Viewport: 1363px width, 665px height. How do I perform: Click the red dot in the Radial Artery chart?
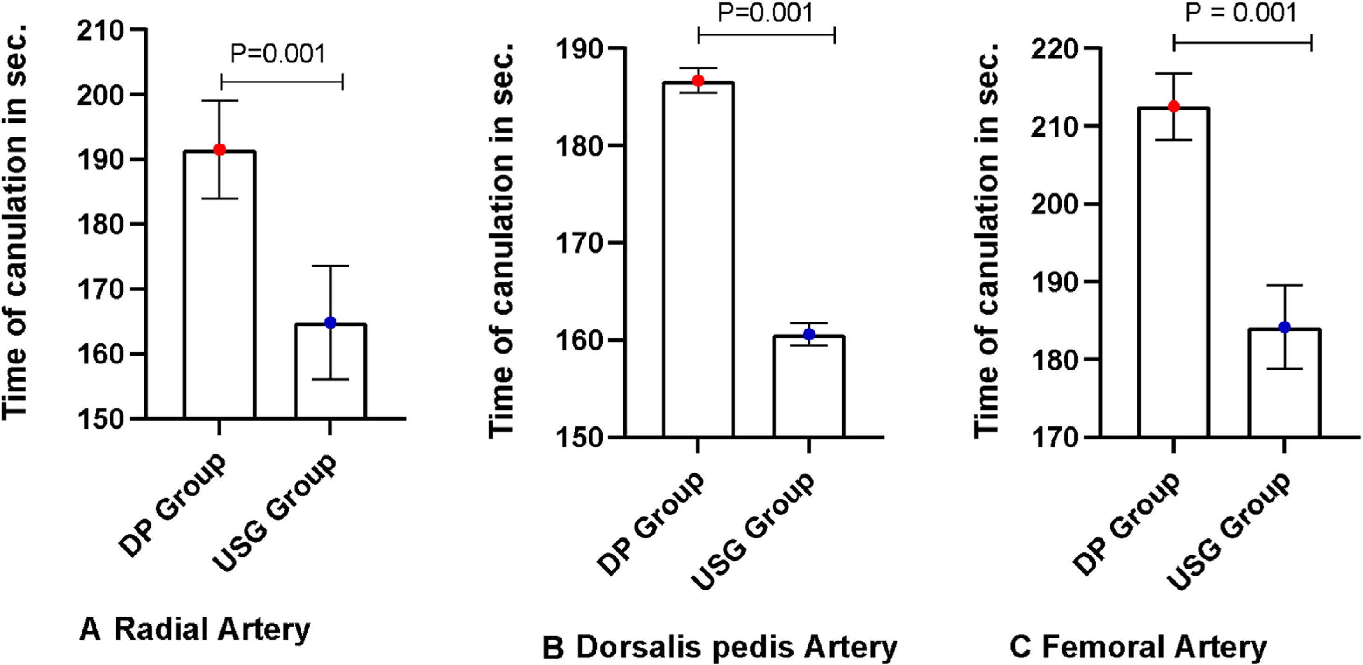coord(219,150)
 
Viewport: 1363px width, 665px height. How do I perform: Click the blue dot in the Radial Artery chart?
coord(330,322)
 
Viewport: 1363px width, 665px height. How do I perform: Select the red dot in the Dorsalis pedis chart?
coord(698,81)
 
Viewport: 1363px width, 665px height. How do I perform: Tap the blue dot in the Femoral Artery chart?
coord(1284,327)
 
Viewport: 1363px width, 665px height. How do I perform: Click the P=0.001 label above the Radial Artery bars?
coord(278,54)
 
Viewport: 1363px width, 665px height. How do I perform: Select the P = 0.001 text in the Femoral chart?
coord(1241,13)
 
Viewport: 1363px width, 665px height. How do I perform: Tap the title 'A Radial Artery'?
coord(195,630)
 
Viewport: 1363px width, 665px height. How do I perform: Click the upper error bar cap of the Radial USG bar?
coord(330,266)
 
